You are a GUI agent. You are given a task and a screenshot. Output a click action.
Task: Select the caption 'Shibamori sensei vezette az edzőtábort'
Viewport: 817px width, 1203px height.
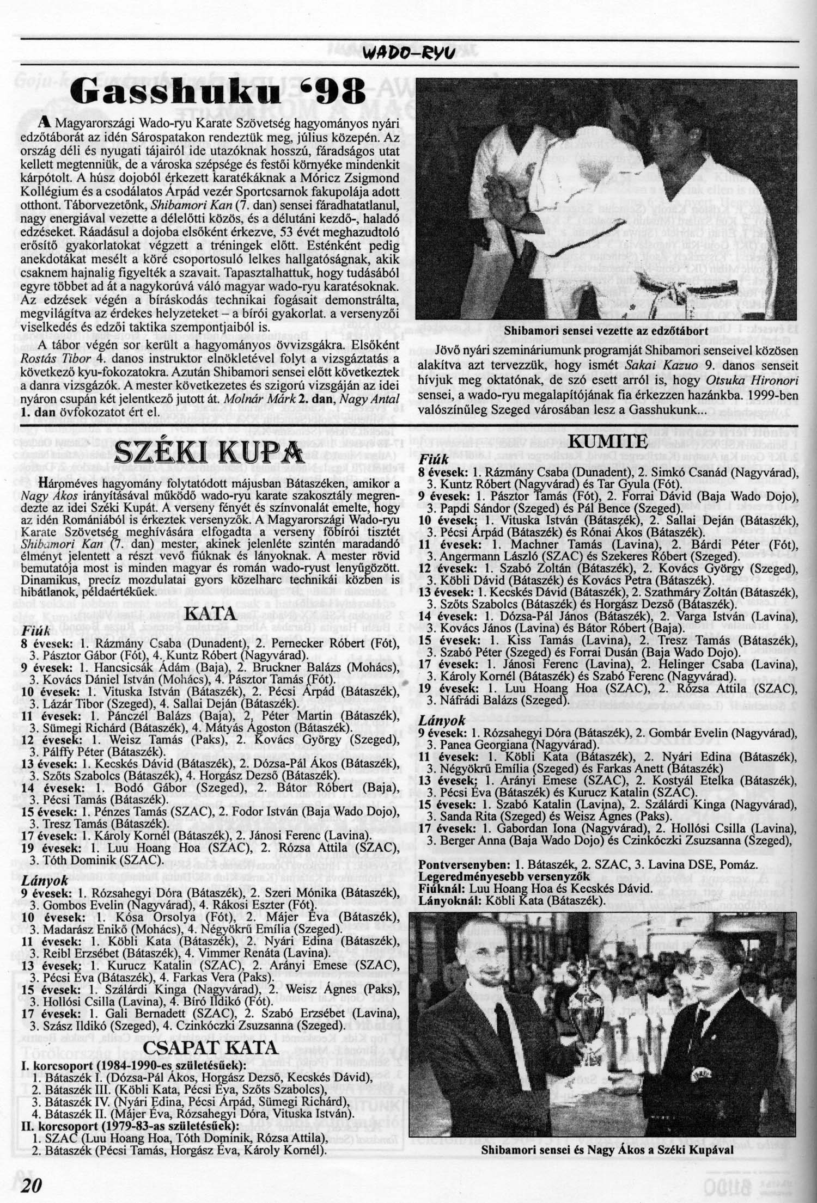tap(606, 330)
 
